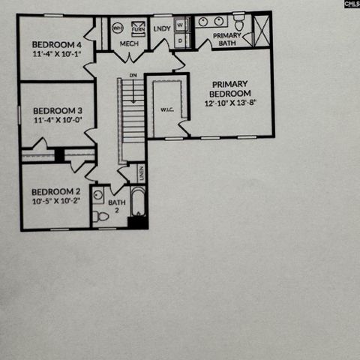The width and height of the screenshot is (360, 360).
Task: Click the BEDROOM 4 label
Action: pyautogui.click(x=52, y=43)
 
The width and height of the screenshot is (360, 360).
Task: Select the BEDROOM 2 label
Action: pyautogui.click(x=52, y=191)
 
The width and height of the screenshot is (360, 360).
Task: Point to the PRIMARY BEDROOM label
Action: pyautogui.click(x=230, y=88)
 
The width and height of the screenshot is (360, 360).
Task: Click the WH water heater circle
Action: pyautogui.click(x=118, y=28)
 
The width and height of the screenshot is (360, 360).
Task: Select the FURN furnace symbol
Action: pyautogui.click(x=138, y=29)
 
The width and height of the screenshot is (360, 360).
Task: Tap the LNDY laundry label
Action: pyautogui.click(x=162, y=29)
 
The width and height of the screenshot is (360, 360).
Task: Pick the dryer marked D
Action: pyautogui.click(x=180, y=40)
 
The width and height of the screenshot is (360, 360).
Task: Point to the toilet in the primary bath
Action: pyautogui.click(x=238, y=21)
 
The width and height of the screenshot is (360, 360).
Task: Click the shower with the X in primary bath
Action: pyautogui.click(x=261, y=30)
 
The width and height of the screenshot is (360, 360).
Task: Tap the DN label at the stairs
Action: pyautogui.click(x=133, y=76)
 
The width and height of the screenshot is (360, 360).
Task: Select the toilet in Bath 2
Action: pyautogui.click(x=101, y=216)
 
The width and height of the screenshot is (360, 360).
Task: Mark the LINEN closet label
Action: pyautogui.click(x=140, y=173)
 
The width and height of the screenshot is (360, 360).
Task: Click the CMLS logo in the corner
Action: pyautogui.click(x=352, y=4)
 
